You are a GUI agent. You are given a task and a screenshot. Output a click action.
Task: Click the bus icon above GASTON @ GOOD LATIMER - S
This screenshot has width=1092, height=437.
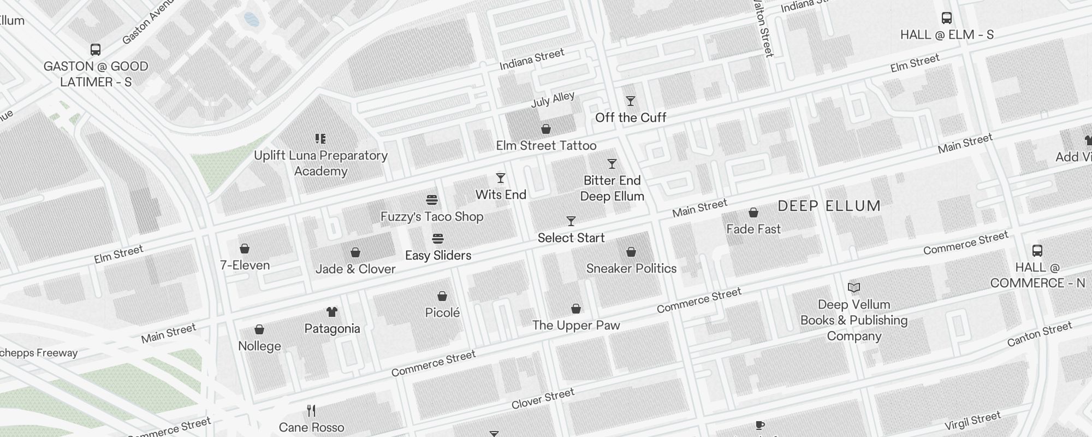click(x=96, y=50)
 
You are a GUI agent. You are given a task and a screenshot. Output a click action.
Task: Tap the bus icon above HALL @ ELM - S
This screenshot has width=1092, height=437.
click(x=947, y=18)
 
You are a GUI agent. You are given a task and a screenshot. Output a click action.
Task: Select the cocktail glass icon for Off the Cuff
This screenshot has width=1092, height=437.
click(x=631, y=101)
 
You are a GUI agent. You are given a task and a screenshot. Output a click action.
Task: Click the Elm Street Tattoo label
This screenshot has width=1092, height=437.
click(x=545, y=145)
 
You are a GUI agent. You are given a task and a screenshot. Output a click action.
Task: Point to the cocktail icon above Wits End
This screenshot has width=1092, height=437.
click(x=500, y=178)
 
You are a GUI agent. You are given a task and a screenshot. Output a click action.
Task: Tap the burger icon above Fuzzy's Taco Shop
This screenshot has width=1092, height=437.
click(x=431, y=200)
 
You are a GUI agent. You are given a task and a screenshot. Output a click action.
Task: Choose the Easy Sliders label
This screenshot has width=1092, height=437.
click(x=438, y=255)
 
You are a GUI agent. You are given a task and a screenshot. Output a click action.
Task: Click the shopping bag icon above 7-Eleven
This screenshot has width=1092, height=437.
click(x=245, y=249)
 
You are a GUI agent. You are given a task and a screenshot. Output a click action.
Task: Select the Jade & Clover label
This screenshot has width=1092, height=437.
click(x=355, y=269)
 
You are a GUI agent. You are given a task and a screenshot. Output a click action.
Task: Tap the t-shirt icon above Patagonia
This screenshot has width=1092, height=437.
click(x=332, y=312)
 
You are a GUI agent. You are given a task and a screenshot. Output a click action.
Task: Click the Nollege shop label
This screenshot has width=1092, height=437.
click(x=259, y=346)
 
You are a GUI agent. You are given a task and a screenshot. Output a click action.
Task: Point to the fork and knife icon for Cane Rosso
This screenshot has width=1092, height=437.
click(x=311, y=410)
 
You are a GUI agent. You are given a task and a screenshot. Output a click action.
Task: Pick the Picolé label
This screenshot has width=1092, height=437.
click(x=442, y=312)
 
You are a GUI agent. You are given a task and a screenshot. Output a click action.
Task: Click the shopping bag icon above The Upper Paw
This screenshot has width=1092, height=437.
click(x=575, y=309)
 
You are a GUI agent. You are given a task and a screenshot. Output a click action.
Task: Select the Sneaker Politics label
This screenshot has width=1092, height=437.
click(x=631, y=268)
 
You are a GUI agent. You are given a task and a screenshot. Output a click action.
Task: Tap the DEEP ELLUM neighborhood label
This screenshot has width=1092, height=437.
click(x=829, y=206)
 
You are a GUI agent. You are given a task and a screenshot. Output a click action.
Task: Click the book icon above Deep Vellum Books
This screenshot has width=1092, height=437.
click(x=853, y=287)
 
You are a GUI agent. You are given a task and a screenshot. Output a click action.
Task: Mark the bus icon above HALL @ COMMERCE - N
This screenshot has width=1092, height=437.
click(x=1037, y=251)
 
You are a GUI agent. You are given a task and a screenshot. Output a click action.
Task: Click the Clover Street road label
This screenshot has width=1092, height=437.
click(x=543, y=399)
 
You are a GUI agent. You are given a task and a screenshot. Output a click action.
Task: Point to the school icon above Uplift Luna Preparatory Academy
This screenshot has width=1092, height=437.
click(x=321, y=139)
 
